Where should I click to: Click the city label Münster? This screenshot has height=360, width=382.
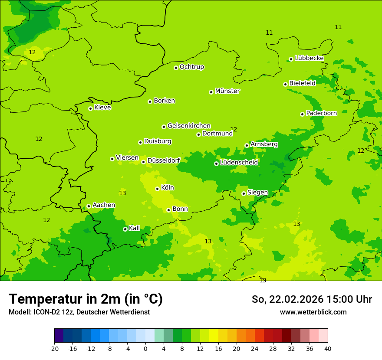tap(227, 91)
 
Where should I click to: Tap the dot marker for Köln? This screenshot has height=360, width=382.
tap(157, 189)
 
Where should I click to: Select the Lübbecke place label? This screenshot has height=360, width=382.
tap(309, 58)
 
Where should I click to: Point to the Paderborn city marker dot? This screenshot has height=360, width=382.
tap(302, 114)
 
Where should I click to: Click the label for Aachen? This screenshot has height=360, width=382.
tap(104, 205)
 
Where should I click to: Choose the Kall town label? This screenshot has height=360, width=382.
tap(135, 228)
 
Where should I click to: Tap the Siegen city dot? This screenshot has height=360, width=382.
tap(244, 193)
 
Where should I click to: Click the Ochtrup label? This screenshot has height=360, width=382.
tap(192, 67)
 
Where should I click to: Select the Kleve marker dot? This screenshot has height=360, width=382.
tap(90, 108)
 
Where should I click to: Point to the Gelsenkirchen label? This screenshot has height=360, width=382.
tap(189, 126)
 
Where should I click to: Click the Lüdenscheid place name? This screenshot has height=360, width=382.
tap(239, 163)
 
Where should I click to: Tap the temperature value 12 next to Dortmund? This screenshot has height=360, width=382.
tap(234, 129)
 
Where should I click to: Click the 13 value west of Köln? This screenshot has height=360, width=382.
tap(122, 193)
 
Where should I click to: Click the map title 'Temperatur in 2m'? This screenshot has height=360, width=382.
tap(86, 299)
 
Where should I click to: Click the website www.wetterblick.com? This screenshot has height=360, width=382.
tap(313, 312)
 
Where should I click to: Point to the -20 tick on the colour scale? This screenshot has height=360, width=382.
tap(54, 348)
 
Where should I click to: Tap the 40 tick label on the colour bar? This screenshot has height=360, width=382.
tap(328, 348)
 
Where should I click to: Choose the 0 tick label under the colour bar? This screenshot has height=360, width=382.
tap(145, 348)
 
